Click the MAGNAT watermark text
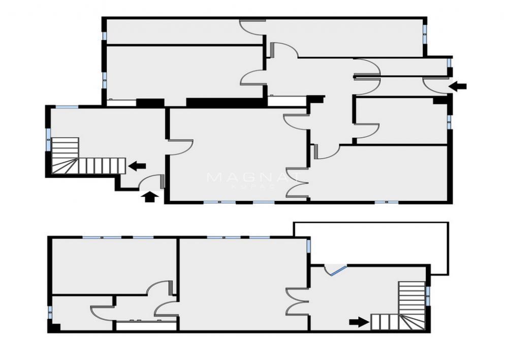(254, 178)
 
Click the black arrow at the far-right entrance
(458, 86)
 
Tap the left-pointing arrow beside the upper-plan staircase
(137, 165)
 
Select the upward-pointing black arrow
(149, 196)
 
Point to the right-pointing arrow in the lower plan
(359, 321)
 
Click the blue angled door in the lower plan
(336, 270)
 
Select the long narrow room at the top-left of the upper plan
(173, 32)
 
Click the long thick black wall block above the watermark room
(226, 102)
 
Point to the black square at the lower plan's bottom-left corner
(54, 328)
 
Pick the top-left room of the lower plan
(114, 264)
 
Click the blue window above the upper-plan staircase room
(67, 107)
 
